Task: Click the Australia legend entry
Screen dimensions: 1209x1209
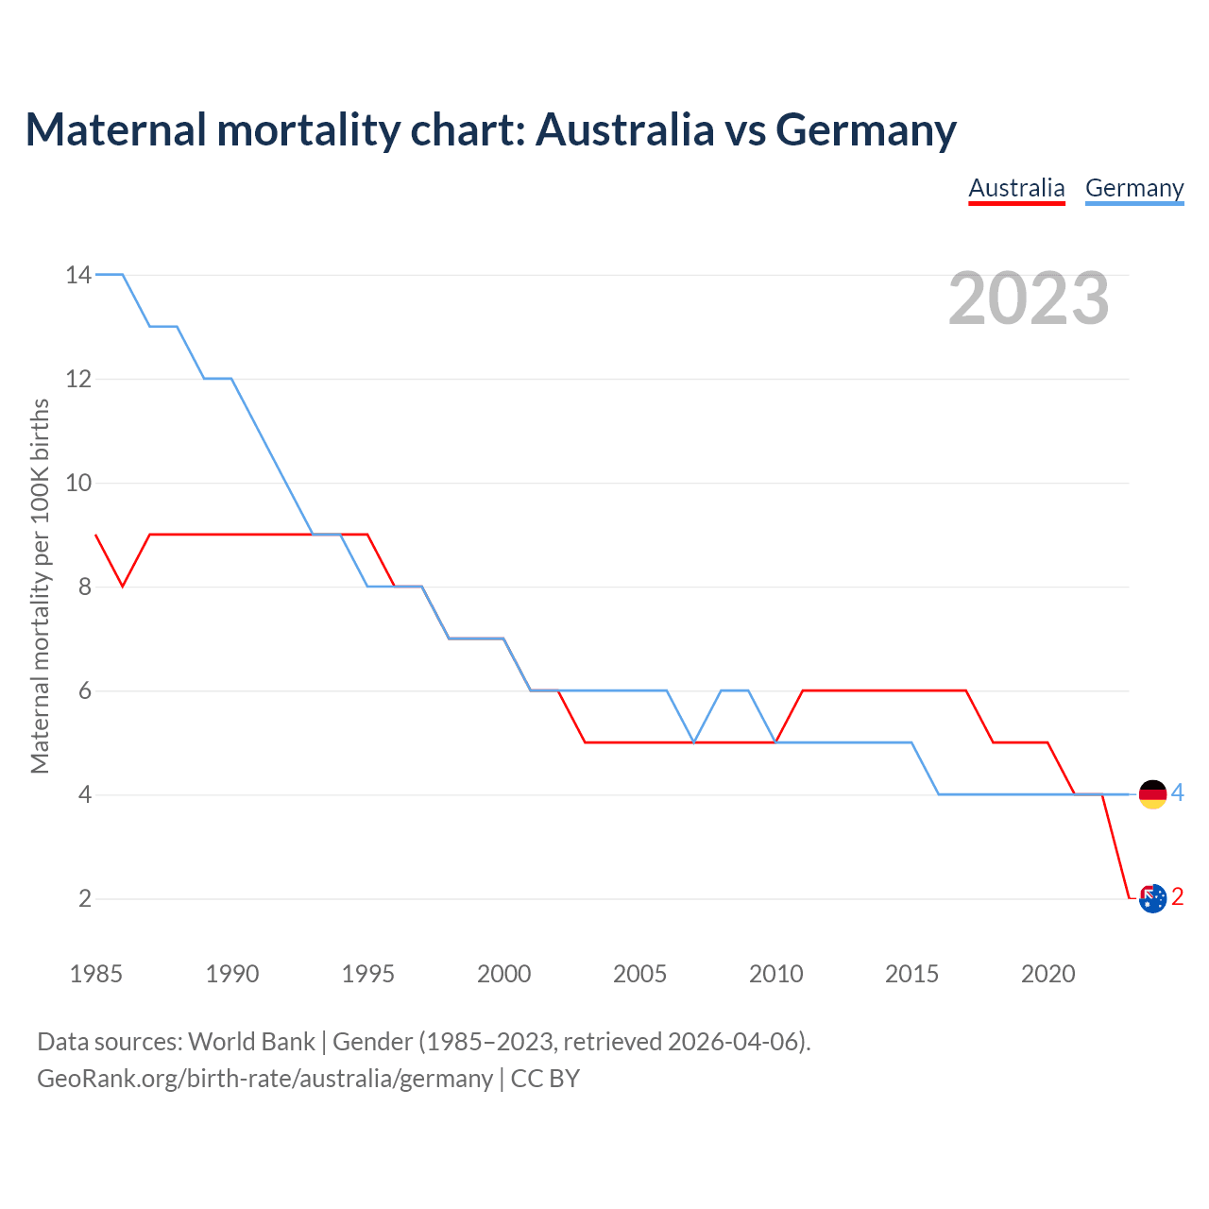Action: coord(1016,189)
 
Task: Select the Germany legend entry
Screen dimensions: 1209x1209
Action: coord(1134,189)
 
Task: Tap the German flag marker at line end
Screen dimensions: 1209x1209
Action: coord(1152,794)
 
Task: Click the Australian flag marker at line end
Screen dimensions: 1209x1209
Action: coord(1152,898)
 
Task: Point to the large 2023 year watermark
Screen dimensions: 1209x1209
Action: coord(1029,298)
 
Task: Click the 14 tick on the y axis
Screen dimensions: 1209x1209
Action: coord(78,275)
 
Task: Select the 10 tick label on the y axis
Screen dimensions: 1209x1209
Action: coord(78,483)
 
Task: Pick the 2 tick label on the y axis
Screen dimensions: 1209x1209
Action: coord(85,898)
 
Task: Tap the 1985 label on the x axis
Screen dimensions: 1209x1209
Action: coord(96,974)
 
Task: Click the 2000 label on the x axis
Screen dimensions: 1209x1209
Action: coord(503,974)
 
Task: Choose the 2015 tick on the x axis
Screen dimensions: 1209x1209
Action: coord(911,974)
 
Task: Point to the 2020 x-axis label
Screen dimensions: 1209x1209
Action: coord(1047,974)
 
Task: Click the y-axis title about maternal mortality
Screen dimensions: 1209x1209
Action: coord(40,587)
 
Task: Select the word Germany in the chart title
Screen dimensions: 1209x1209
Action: coord(866,129)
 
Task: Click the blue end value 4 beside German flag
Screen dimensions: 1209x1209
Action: coord(1177,793)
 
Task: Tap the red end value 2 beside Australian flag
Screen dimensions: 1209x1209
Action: coord(1177,897)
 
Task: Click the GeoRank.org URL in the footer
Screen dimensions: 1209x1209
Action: coord(264,1079)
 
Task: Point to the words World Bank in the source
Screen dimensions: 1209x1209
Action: coord(251,1042)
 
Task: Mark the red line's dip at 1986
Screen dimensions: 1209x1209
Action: coord(123,587)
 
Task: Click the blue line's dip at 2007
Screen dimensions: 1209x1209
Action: coord(694,742)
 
